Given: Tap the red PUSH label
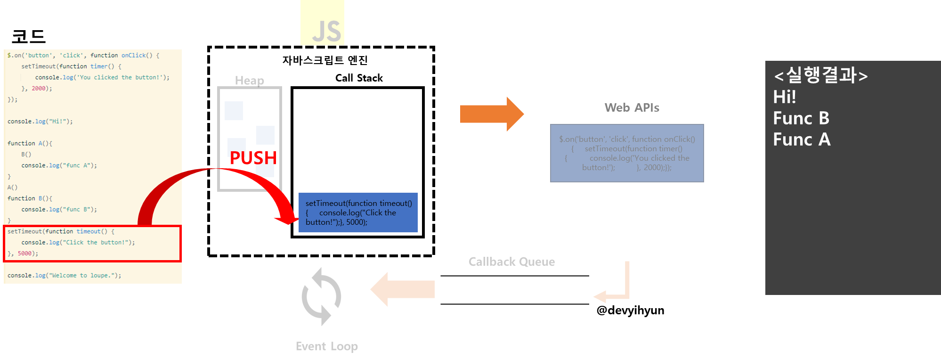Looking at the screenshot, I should [253, 158].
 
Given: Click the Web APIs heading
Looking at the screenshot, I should [632, 108].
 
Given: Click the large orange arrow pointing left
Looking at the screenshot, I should [402, 289].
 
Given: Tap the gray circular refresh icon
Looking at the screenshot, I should [321, 296].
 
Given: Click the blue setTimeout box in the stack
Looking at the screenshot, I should [358, 213].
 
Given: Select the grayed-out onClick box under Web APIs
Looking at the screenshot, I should [627, 153].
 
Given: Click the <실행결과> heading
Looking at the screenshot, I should [820, 75].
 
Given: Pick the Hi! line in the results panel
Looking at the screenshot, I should [785, 97].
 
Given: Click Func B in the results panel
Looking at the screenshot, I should [801, 118].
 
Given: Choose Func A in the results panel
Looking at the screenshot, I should [802, 139].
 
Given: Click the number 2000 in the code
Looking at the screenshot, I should [39, 89].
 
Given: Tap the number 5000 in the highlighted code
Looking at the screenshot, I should [25, 254].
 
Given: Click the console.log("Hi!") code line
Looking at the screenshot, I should [40, 122].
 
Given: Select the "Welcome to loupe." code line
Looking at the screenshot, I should [64, 276].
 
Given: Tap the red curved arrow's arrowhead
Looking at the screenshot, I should [287, 220].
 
